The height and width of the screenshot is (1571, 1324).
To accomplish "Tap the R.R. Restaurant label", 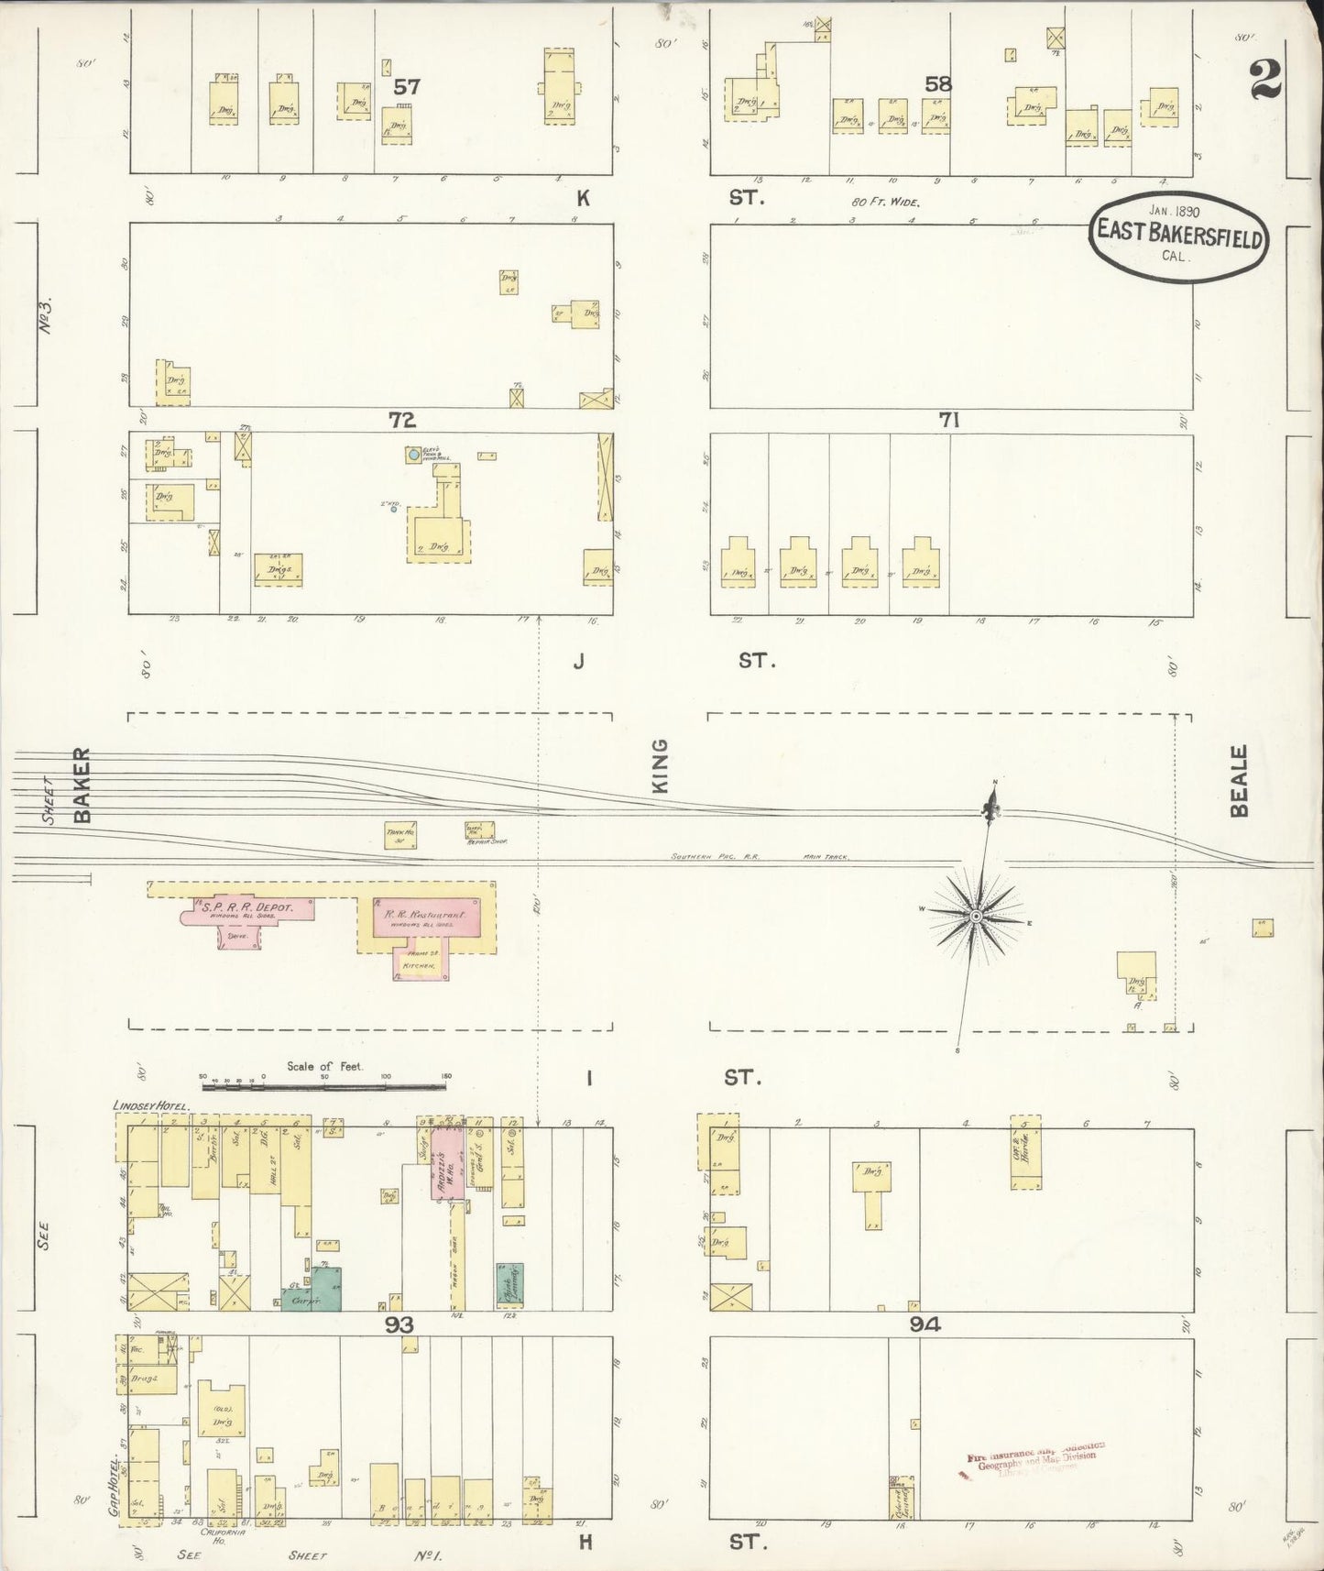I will click(420, 915).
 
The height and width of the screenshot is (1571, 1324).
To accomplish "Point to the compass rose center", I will click(977, 916).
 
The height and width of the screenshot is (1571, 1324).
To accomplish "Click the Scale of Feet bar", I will click(324, 1087).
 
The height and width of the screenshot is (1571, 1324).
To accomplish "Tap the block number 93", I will click(399, 1324).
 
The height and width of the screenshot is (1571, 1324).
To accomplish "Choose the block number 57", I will click(407, 87).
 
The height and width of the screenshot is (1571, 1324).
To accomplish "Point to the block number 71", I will click(948, 421).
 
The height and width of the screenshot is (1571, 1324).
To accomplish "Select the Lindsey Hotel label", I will click(150, 1106).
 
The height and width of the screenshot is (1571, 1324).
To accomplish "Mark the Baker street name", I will click(83, 785).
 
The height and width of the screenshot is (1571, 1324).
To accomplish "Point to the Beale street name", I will click(1240, 782).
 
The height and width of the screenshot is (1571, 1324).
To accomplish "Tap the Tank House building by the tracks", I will click(399, 835).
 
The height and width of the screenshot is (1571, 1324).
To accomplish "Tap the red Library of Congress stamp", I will click(1035, 1460).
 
